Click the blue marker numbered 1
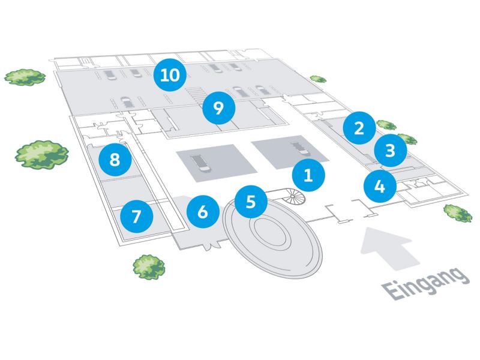[x=308, y=176]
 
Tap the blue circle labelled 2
[x=359, y=127]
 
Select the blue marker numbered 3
[x=390, y=149]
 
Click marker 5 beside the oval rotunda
[x=251, y=201]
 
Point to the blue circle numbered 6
[x=202, y=211]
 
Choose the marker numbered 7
[x=136, y=216]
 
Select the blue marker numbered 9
[x=218, y=108]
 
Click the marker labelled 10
[x=169, y=76]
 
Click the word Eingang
[x=427, y=283]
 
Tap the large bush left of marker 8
[x=41, y=154]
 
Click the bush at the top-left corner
[x=25, y=76]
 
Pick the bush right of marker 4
[x=458, y=212]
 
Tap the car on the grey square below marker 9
[x=197, y=163]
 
